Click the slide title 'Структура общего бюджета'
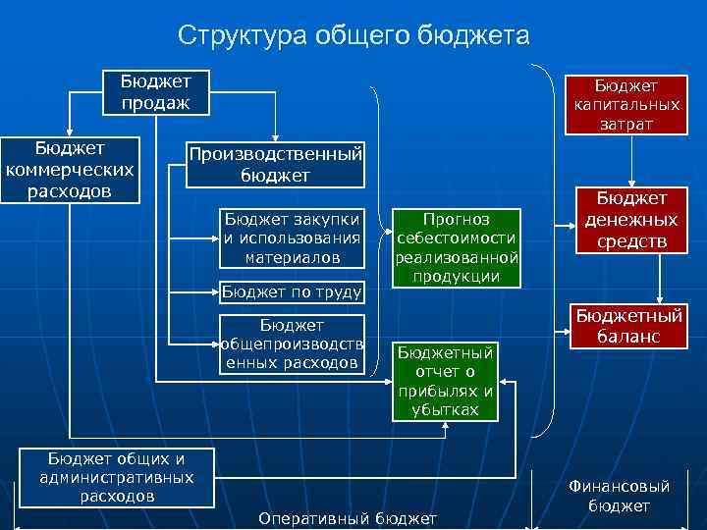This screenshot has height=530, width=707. click(x=353, y=36)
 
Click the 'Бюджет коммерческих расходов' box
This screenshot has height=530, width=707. click(x=70, y=170)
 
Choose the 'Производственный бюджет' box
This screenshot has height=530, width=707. click(x=275, y=164)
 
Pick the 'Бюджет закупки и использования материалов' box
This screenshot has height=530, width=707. click(x=292, y=238)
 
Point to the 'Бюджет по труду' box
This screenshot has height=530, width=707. click(x=292, y=291)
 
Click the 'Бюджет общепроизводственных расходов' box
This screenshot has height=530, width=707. click(x=292, y=344)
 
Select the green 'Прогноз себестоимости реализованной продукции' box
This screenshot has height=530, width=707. click(x=457, y=247)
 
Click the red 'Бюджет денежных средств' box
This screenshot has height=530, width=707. click(x=629, y=221)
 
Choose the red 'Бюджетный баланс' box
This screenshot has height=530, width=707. click(x=628, y=327)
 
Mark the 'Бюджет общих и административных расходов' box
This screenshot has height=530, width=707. click(x=117, y=477)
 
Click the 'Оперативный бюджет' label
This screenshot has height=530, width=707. click(x=347, y=517)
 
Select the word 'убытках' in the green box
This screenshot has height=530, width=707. click(x=447, y=409)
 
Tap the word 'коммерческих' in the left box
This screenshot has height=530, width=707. click(x=70, y=169)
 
